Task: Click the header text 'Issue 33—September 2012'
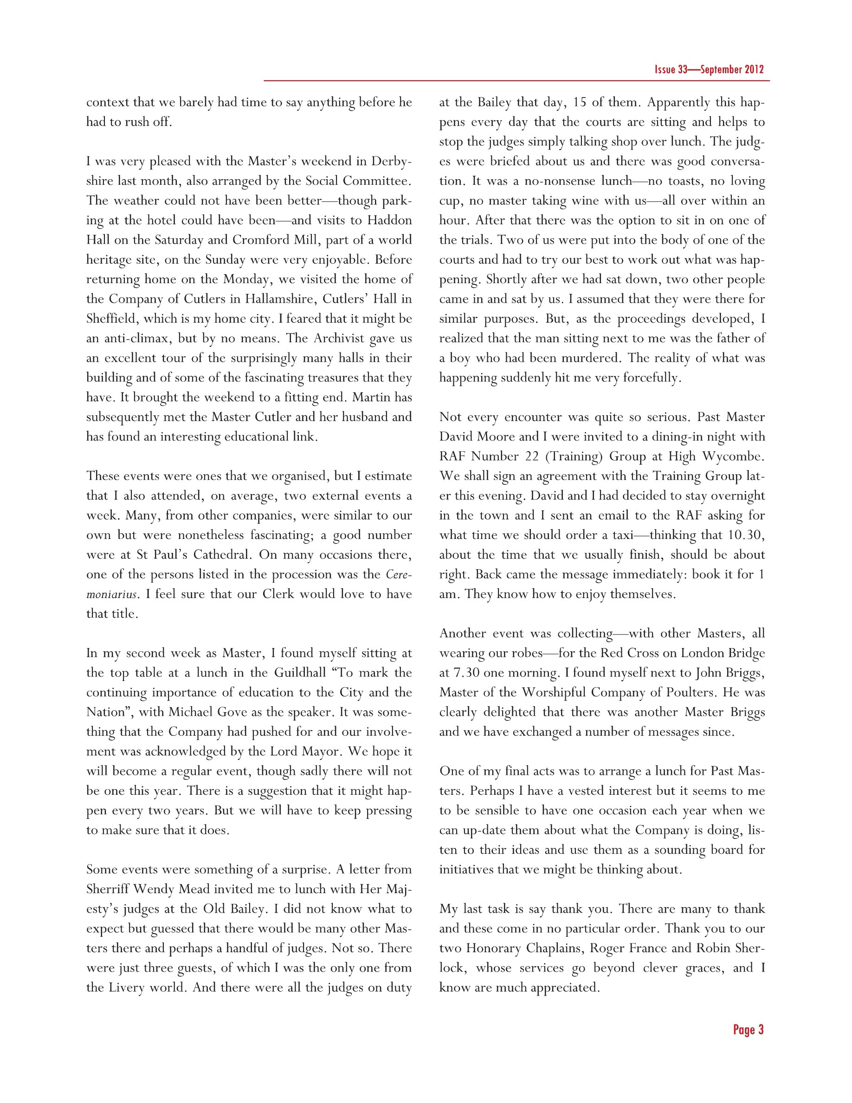(709, 70)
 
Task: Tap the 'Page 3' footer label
(748, 1030)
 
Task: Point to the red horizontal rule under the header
(516, 80)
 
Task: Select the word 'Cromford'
(260, 240)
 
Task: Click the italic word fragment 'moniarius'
(111, 594)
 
